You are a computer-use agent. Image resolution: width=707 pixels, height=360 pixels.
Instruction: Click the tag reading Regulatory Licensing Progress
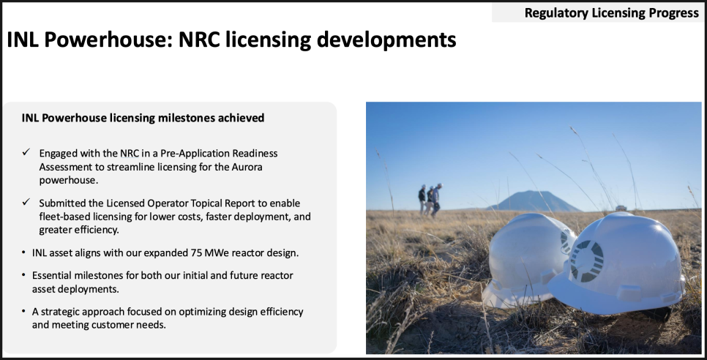pyautogui.click(x=611, y=12)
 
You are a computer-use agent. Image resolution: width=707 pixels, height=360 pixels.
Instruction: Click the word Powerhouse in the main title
pyautogui.click(x=108, y=40)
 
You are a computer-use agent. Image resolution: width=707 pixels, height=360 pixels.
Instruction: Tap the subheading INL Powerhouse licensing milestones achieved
pyautogui.click(x=143, y=118)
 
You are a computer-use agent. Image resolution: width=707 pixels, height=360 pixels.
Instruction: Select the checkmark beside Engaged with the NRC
pyautogui.click(x=26, y=152)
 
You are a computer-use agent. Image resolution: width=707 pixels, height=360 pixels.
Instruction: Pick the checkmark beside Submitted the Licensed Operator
pyautogui.click(x=26, y=202)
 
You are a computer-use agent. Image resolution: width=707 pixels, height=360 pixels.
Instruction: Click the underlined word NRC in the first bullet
pyautogui.click(x=130, y=153)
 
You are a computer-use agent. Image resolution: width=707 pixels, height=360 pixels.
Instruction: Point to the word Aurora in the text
pyautogui.click(x=247, y=167)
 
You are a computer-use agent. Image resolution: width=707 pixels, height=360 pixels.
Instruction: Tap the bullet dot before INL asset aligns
pyautogui.click(x=23, y=252)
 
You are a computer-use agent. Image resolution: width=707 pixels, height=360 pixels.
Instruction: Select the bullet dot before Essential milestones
pyautogui.click(x=23, y=275)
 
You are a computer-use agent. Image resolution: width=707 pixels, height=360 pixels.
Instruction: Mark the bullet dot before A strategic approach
pyautogui.click(x=23, y=311)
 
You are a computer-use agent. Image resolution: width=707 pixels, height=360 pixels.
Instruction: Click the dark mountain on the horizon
pyautogui.click(x=534, y=201)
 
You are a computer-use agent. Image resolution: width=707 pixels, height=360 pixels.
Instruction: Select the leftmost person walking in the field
pyautogui.click(x=422, y=199)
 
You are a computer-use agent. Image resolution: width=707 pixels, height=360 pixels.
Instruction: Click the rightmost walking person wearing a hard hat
pyautogui.click(x=436, y=201)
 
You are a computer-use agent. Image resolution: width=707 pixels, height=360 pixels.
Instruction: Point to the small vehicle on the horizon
pyautogui.click(x=621, y=208)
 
